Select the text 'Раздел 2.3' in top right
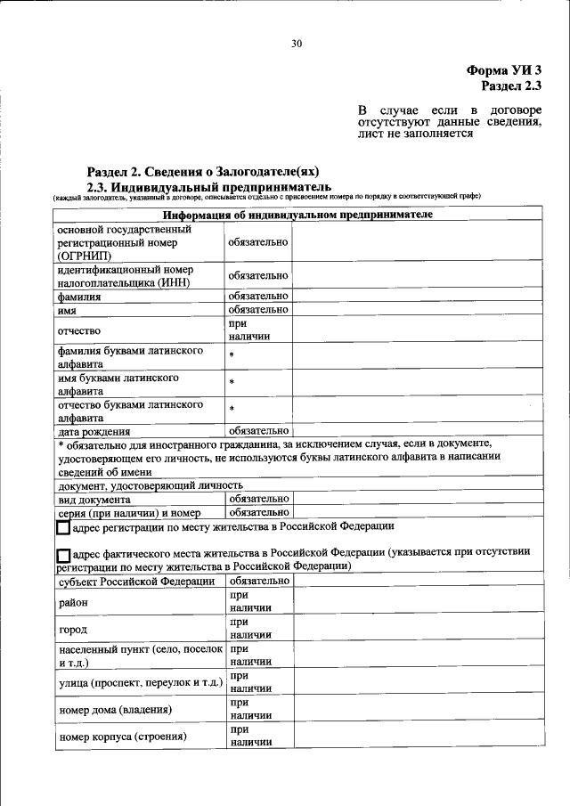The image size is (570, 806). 510,85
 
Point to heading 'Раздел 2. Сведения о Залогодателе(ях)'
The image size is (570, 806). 202,171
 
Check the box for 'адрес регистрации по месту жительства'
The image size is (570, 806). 63,528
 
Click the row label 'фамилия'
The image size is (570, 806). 79,296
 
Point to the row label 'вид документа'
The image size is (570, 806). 94,500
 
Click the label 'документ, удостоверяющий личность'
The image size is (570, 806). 150,486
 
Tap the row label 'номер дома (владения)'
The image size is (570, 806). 115,709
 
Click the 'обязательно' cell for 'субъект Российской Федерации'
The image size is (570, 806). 258,581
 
